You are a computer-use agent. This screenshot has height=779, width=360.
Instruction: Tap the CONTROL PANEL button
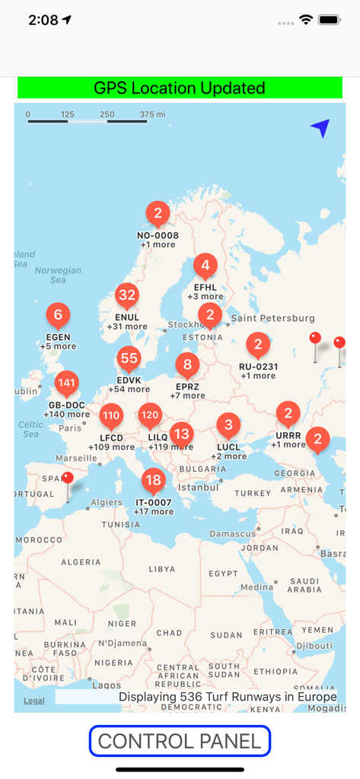180,741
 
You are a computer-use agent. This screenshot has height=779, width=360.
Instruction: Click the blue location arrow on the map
320,129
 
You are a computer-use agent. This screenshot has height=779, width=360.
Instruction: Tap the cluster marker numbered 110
111,415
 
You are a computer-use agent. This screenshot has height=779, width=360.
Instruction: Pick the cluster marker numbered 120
150,415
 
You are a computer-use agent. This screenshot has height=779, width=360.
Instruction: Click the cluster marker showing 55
129,359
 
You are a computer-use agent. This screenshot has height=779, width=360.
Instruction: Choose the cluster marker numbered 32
127,296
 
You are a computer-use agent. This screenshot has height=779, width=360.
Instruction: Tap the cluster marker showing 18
154,480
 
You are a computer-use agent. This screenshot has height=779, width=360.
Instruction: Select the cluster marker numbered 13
181,434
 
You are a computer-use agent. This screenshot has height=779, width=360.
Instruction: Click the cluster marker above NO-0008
158,214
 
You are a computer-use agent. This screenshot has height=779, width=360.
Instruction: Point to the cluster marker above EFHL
205,266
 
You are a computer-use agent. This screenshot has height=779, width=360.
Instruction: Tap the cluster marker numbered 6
58,314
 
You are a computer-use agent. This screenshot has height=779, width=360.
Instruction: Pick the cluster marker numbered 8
187,365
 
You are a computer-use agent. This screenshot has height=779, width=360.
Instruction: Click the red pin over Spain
68,479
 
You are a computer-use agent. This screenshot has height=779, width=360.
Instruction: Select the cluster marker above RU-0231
258,345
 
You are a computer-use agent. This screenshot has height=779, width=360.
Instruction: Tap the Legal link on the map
33,700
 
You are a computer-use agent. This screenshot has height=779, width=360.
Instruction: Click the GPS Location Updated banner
180,88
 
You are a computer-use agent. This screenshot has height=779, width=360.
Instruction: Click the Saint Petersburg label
272,317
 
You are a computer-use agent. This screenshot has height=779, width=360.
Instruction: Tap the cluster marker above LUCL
228,424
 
